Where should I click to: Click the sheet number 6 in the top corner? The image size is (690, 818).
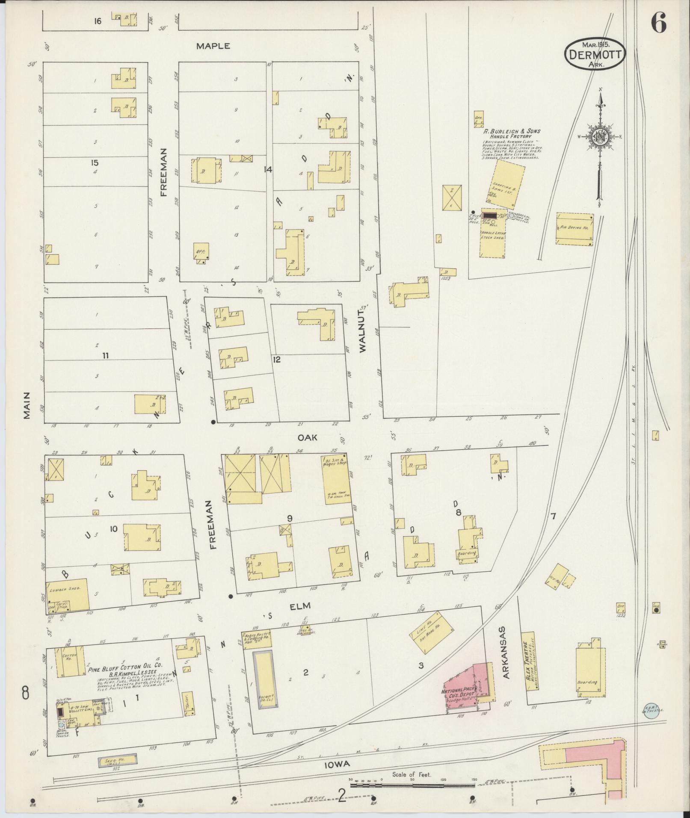pos(658,23)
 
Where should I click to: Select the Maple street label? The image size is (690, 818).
pos(213,46)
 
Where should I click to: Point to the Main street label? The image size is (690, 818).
pos(27,404)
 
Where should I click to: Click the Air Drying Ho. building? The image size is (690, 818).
pos(575,229)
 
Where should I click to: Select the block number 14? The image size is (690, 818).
pos(268,170)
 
